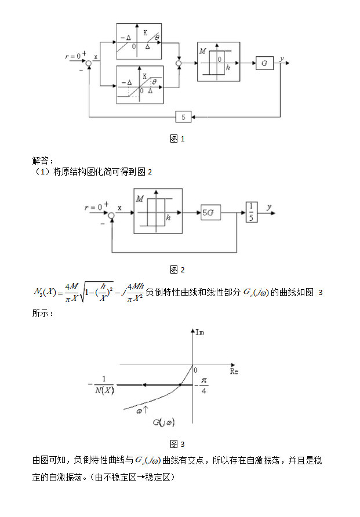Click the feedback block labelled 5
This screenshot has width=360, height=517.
[x=183, y=117]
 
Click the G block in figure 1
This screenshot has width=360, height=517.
[x=264, y=63]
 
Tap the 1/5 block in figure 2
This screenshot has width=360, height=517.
[x=251, y=213]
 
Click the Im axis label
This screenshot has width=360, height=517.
[x=201, y=332]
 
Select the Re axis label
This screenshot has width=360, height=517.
[x=234, y=370]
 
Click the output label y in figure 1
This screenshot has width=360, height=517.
[x=282, y=59]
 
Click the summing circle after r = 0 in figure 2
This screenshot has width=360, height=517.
[x=112, y=214]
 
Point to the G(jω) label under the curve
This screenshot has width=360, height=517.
[x=164, y=423]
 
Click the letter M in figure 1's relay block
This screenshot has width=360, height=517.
[x=202, y=51]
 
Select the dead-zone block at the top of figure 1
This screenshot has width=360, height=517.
[x=139, y=41]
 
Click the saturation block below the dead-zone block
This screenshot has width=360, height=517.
[x=140, y=85]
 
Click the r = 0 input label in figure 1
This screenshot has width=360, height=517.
[x=75, y=56]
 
